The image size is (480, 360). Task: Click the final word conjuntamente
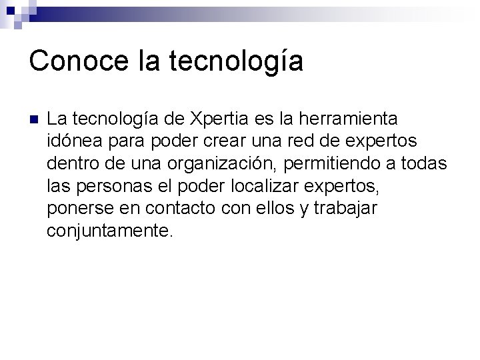(x=109, y=231)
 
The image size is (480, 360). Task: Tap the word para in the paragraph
(x=128, y=142)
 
